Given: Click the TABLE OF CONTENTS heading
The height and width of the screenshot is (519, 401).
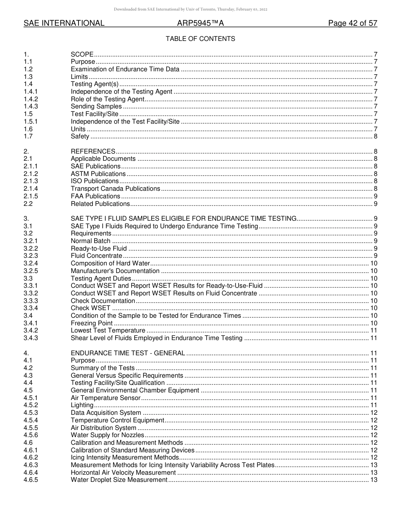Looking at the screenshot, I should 200,39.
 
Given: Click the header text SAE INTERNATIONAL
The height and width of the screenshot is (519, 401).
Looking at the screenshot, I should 64,24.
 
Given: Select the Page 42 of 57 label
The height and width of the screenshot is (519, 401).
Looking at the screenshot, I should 352,24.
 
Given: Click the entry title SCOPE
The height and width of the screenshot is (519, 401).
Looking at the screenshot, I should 82,54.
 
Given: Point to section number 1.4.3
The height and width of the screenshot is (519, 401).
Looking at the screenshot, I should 30,106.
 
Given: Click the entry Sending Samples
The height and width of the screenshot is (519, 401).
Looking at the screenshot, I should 96,106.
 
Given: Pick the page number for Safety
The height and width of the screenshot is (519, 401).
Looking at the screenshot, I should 375,136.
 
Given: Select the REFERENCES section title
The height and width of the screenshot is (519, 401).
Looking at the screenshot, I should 93,151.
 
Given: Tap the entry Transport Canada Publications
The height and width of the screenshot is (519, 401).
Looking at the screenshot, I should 115,189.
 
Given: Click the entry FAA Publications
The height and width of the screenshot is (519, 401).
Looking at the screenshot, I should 95,196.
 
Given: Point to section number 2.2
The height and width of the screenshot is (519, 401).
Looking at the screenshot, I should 28,204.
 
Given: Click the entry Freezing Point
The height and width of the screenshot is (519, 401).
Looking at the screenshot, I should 92,323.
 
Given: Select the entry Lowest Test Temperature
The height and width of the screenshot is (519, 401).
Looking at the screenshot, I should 108,331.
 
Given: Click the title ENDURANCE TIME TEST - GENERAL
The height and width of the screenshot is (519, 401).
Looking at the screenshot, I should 127,353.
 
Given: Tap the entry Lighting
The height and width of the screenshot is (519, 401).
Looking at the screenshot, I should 82,405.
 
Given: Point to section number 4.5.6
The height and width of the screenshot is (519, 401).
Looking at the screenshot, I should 30,435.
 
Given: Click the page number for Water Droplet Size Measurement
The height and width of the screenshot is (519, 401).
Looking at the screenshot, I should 374,480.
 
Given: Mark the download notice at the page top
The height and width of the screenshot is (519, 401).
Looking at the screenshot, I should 190,9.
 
